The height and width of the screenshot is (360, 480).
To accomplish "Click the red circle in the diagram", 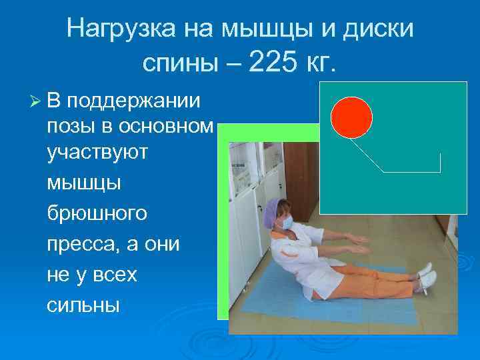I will click(x=351, y=117).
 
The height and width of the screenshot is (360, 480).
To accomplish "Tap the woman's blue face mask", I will click(x=287, y=224).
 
